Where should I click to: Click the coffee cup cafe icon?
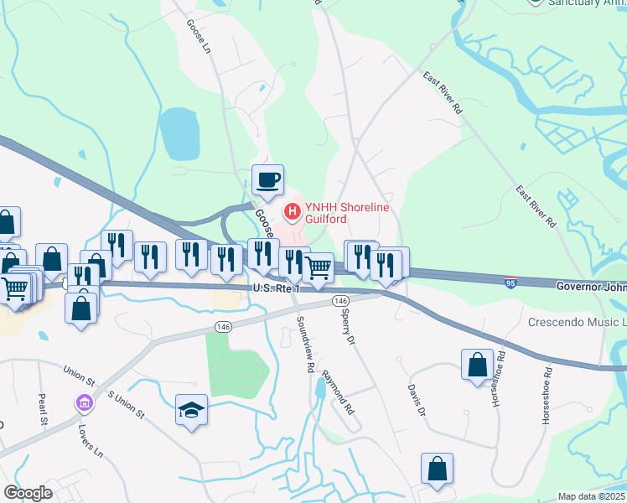267,179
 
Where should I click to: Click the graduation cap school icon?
191,410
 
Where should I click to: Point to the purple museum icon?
83,404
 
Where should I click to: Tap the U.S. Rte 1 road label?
276,288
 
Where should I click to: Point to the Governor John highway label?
591,286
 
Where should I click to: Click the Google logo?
28,493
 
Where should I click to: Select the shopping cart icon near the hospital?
318,268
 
